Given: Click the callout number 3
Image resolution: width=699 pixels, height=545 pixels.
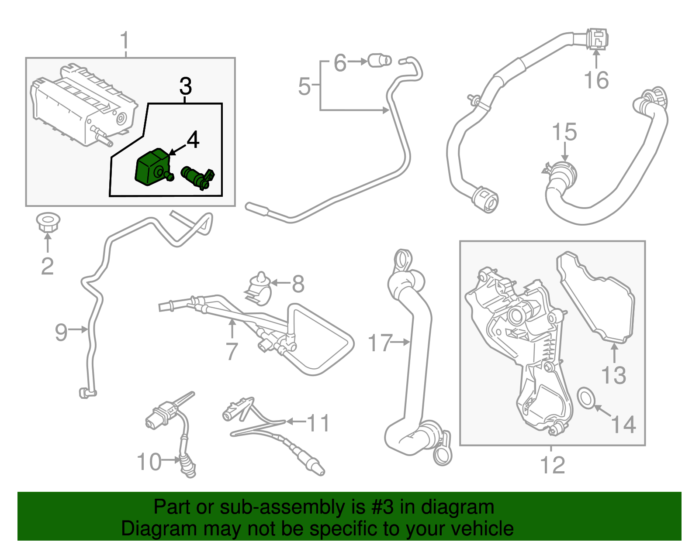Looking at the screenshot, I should point(186,86).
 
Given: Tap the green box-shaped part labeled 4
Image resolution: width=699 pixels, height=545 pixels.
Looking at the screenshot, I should point(151,168).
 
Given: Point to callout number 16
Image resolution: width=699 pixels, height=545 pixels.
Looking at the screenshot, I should point(596,80).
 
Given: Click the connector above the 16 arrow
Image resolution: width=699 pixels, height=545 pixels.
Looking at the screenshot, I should point(596,38).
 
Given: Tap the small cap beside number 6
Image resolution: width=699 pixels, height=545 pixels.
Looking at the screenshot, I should point(379,60).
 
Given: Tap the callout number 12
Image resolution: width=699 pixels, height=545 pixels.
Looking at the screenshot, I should point(553,465).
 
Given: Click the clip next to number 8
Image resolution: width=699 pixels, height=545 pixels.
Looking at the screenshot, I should point(259,288).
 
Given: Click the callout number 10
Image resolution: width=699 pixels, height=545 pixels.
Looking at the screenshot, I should point(149,462).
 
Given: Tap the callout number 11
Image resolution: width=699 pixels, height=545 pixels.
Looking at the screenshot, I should point(318,422).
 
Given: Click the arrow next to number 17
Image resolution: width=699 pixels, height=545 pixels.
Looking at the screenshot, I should point(400,342).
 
